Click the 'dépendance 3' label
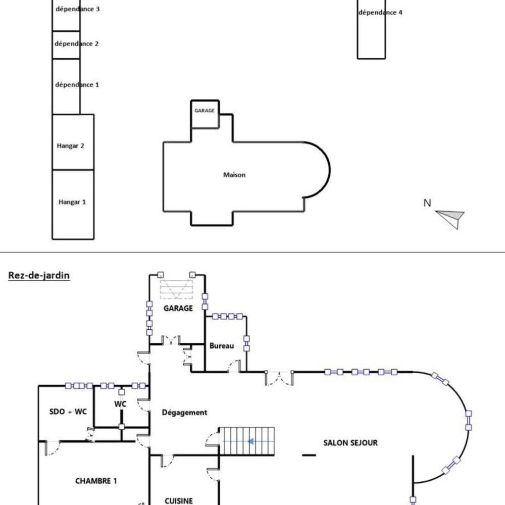click(x=78, y=9)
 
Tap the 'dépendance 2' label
click(x=77, y=44)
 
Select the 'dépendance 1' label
click(x=77, y=85)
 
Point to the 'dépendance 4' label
click(x=380, y=13)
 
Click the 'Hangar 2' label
click(x=71, y=146)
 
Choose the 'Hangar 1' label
click(x=72, y=203)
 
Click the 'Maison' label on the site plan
click(x=234, y=175)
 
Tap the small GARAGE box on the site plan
click(x=205, y=114)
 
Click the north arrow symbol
click(x=450, y=219)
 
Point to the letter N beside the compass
click(x=427, y=203)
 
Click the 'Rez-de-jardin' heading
click(x=39, y=275)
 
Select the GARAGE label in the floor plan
click(x=178, y=308)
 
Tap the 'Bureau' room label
click(x=222, y=346)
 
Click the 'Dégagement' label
click(x=184, y=413)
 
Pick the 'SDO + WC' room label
click(x=68, y=412)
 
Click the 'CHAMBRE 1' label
click(x=96, y=481)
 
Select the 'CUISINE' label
click(x=179, y=501)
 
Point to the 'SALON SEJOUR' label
click(x=350, y=443)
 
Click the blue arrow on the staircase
click(x=250, y=441)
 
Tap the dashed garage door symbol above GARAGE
click(x=176, y=289)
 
